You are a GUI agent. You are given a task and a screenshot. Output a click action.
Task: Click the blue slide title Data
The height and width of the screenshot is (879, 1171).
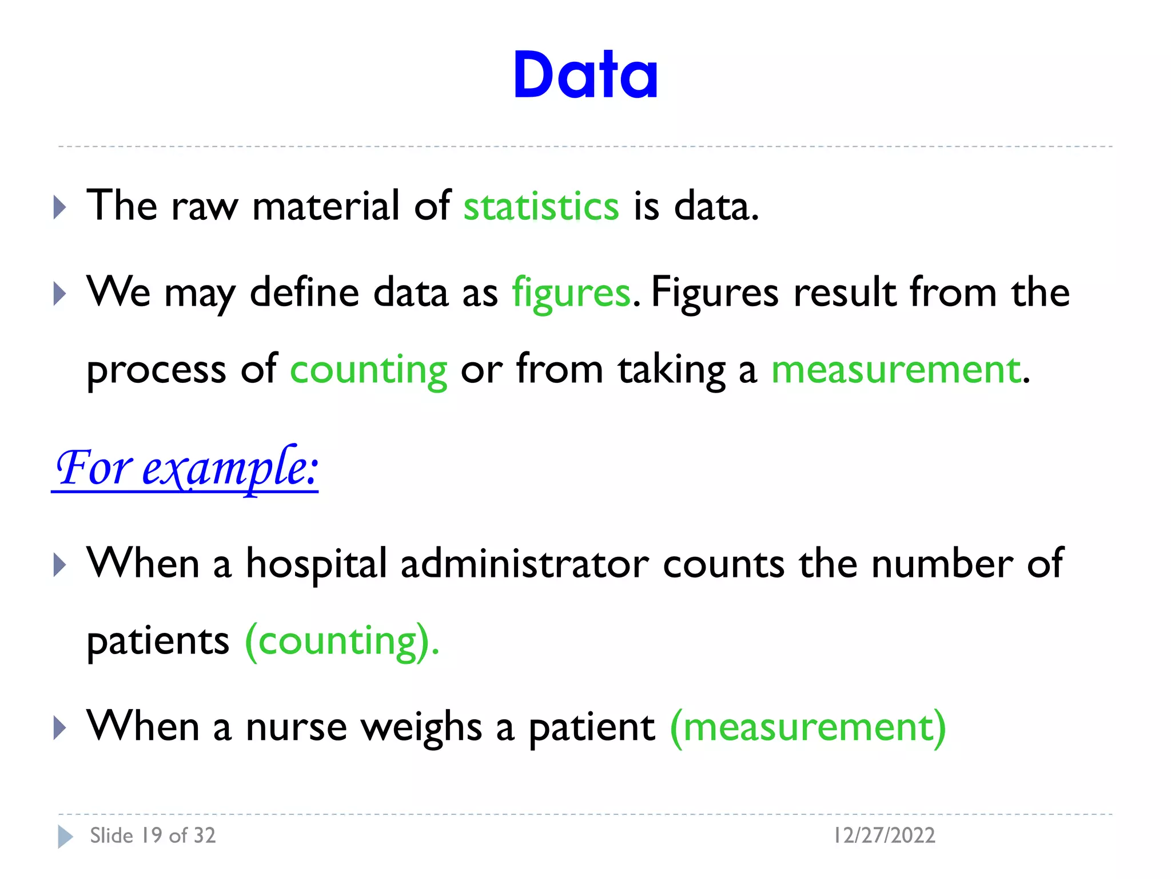[x=585, y=75]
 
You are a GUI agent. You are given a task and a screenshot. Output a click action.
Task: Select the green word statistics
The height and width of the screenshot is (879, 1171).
[x=541, y=206]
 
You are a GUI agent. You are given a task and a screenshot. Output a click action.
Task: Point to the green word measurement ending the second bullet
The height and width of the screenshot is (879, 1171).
[x=896, y=370]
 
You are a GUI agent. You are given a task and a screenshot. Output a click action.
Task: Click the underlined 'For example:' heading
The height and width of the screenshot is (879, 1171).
[x=185, y=469]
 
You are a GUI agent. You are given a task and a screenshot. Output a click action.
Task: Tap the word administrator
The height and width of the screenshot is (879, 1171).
[x=524, y=564]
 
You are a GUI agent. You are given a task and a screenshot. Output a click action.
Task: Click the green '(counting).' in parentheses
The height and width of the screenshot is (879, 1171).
[x=342, y=642]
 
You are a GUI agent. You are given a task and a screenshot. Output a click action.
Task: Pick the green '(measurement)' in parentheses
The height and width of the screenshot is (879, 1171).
[x=808, y=727]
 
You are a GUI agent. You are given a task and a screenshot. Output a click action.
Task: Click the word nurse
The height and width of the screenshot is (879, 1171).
[x=296, y=727]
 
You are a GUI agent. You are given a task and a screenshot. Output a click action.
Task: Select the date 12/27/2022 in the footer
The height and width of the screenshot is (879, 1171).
[x=884, y=836]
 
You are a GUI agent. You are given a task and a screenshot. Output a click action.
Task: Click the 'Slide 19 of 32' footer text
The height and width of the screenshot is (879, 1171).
[x=153, y=836]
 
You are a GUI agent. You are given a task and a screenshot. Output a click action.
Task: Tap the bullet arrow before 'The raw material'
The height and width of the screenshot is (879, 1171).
[x=59, y=207]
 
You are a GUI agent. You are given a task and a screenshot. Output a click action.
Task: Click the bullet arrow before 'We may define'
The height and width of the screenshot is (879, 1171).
[x=59, y=294]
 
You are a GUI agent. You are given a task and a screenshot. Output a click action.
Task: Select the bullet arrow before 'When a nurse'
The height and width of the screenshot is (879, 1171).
[x=59, y=728]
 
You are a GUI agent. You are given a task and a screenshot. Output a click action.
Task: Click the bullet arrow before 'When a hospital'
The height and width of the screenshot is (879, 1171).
[x=59, y=565]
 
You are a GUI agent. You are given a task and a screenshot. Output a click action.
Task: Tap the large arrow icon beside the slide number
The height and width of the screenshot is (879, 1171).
[x=65, y=837]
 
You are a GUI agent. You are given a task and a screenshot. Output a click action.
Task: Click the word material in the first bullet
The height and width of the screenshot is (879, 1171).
[x=326, y=206]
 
